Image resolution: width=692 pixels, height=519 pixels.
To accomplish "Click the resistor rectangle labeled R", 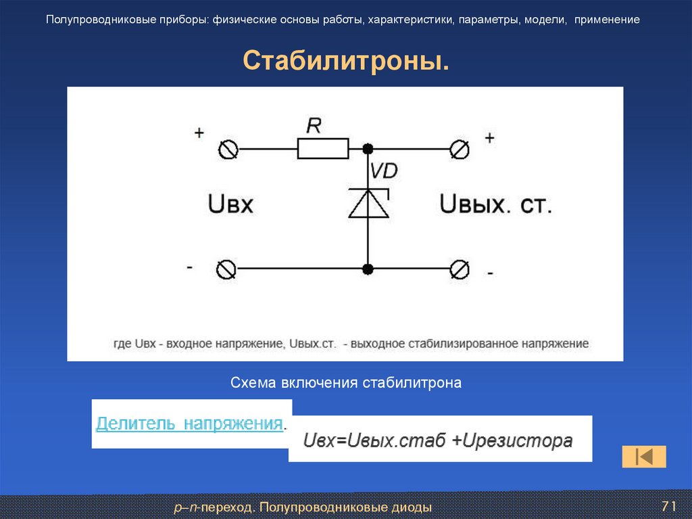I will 323,148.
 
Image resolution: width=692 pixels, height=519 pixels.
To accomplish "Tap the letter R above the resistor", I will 314,125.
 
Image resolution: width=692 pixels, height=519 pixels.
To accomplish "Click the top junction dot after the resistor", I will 368,149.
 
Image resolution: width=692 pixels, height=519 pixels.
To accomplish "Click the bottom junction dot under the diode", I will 368,269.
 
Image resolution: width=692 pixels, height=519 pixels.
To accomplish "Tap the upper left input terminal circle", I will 228,150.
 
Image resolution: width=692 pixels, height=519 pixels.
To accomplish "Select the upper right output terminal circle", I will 460,149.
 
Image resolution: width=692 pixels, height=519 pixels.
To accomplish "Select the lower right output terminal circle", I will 460,269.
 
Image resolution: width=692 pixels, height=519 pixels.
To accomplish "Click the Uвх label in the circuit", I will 230,204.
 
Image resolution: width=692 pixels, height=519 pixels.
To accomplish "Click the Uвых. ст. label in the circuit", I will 496,204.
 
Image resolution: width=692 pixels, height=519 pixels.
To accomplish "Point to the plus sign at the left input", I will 199,133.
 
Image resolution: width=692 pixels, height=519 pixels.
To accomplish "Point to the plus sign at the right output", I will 489,137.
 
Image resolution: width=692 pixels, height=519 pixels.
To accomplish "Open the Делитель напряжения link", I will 189,424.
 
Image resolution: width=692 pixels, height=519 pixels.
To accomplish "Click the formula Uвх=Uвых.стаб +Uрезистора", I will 438,441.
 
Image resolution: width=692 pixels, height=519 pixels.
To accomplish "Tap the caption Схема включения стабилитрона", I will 346,383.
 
